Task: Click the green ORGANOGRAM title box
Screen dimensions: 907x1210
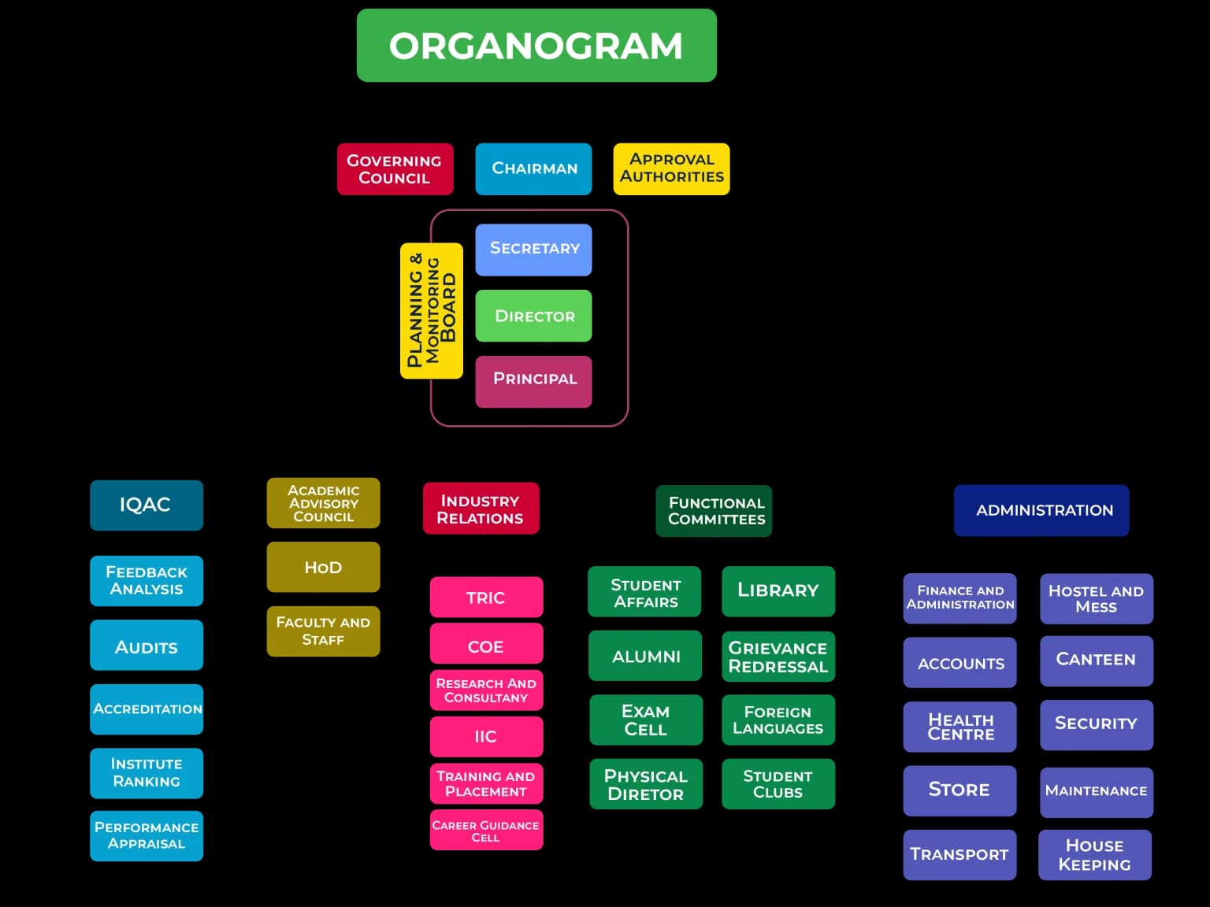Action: (536, 46)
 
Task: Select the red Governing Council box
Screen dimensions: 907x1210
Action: (395, 168)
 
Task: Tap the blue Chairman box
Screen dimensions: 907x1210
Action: (533, 168)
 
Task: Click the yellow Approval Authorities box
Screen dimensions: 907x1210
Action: (671, 168)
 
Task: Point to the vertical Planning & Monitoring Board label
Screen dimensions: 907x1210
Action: (431, 310)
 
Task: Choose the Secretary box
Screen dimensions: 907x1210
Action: (533, 250)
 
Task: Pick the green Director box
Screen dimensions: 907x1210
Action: (533, 316)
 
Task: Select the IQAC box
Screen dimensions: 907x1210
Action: (146, 505)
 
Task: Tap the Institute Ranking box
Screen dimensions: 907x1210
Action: (146, 772)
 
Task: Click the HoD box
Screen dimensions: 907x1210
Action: (323, 567)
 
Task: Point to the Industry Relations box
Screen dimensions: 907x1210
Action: (481, 509)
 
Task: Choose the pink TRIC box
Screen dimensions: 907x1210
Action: (486, 598)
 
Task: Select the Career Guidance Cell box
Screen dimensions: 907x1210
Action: (486, 830)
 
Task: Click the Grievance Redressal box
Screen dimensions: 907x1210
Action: (778, 657)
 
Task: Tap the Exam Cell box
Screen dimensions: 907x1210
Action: (645, 720)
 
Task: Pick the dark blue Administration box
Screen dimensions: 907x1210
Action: (1041, 510)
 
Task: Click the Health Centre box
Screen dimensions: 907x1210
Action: (959, 727)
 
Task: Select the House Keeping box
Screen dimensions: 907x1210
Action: (1094, 854)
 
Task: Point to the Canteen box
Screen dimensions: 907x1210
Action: (1096, 661)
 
